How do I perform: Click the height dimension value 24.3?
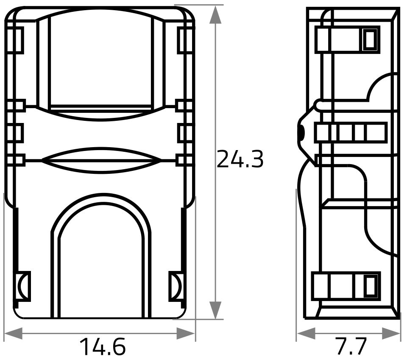pos(240,160)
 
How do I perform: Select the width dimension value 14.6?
pos(103,347)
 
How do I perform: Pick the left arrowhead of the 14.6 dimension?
pos(13,334)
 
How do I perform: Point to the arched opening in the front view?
pos(101,263)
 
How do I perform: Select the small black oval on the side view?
pos(300,133)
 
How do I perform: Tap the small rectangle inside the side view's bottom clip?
pos(370,286)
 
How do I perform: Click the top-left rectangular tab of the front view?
pos(15,40)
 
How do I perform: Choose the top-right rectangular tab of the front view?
pos(185,40)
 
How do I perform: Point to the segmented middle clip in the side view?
pos(351,132)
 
